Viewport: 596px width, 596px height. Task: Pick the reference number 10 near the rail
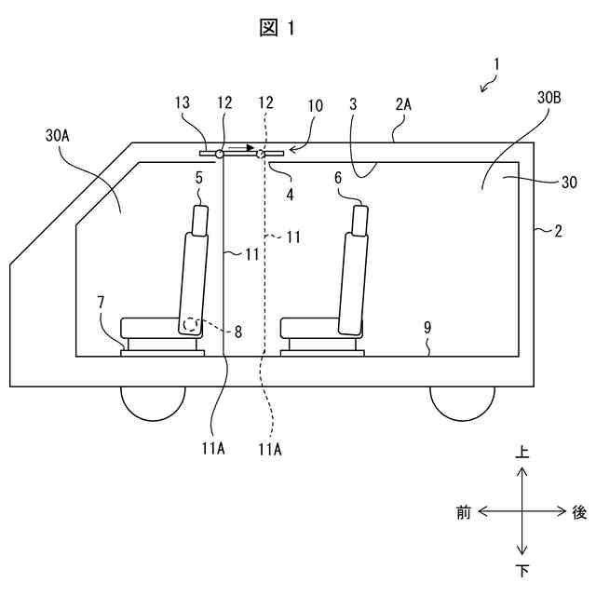[x=316, y=106]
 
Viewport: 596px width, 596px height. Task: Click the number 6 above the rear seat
[x=364, y=176]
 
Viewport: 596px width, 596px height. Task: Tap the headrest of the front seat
[x=201, y=220]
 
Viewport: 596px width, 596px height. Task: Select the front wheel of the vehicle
[x=153, y=400]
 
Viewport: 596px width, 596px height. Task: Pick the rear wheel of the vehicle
[x=462, y=400]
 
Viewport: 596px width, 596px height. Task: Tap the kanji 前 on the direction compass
[x=464, y=511]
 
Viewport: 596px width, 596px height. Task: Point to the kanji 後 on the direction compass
[x=579, y=511]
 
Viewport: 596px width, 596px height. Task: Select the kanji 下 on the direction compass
[x=523, y=569]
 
